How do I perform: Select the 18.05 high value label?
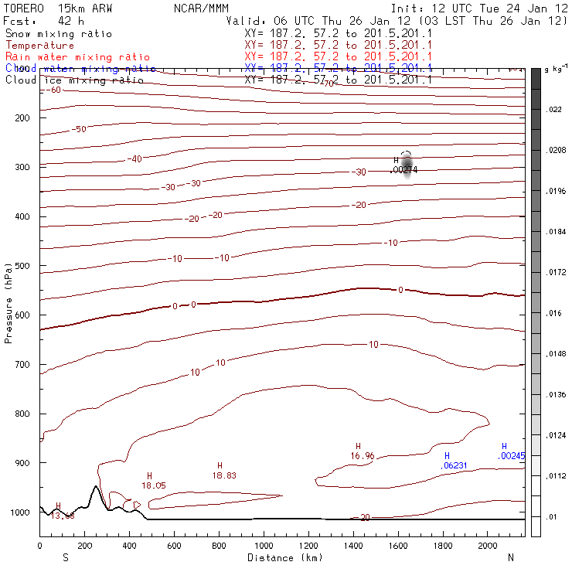(x=154, y=485)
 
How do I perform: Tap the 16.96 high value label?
(x=362, y=456)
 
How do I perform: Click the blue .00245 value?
(x=511, y=456)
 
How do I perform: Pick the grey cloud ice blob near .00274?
(x=408, y=164)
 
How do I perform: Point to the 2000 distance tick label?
(x=488, y=545)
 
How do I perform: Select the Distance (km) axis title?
(x=281, y=557)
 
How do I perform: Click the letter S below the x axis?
(x=66, y=557)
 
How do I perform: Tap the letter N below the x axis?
(x=510, y=557)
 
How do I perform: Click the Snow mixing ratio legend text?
(x=58, y=34)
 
